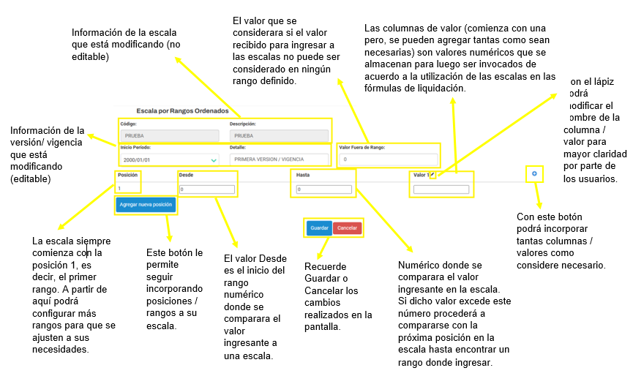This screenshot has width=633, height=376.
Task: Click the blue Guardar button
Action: click(x=319, y=228)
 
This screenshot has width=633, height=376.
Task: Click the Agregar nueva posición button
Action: click(x=146, y=205)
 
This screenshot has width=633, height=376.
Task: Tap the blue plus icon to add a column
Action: click(x=535, y=174)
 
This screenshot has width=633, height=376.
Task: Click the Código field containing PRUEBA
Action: click(x=170, y=135)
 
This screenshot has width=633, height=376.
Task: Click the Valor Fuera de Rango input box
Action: click(x=389, y=159)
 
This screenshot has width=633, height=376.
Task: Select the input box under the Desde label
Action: click(x=207, y=189)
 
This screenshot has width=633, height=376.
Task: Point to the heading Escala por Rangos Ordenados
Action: click(x=182, y=110)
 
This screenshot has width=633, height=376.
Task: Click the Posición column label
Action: click(x=127, y=175)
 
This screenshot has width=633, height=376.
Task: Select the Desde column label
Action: click(x=186, y=176)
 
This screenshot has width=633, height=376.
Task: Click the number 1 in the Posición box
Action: click(x=119, y=188)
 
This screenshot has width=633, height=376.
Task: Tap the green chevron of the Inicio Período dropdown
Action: click(x=213, y=159)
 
